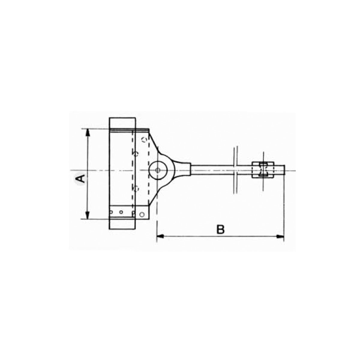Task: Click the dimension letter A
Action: click(x=80, y=178)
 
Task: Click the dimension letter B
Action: click(x=220, y=229)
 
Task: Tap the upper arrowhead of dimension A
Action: click(x=88, y=133)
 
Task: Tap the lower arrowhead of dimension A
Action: click(x=88, y=215)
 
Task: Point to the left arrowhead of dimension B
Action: click(x=160, y=236)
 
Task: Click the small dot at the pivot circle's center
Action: click(x=158, y=170)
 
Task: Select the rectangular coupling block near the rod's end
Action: click(x=263, y=170)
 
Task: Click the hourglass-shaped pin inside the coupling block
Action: click(x=263, y=170)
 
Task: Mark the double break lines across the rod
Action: click(x=235, y=170)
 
